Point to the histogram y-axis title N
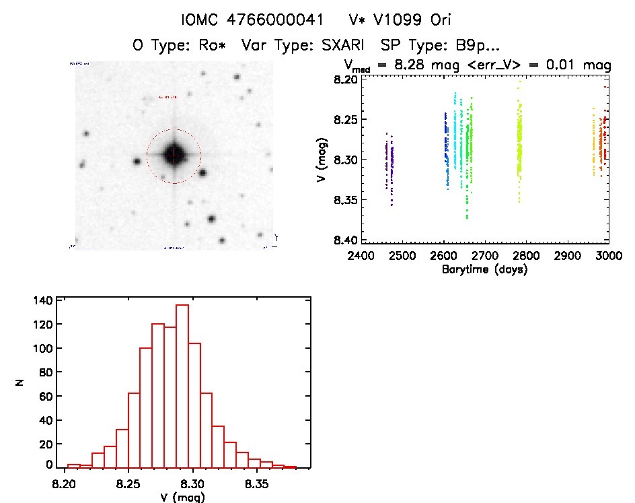point(20,382)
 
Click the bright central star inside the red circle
point(174,154)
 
